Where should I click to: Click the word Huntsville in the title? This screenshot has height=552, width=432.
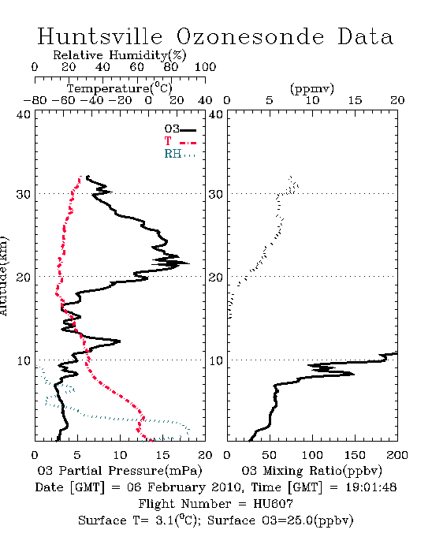[100, 36]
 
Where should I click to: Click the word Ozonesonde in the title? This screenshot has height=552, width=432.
[250, 36]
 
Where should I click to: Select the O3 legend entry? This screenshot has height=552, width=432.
[180, 129]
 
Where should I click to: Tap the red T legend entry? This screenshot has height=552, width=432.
[180, 141]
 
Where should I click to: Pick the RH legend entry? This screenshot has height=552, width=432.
[180, 154]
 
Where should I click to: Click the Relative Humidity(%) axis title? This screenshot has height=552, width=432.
[120, 55]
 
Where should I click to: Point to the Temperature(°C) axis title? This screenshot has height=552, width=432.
[120, 88]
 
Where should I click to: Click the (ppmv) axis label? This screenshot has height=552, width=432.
[312, 88]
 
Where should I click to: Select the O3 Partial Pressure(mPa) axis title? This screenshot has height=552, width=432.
[120, 471]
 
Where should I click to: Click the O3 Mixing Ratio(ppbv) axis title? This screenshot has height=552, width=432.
[311, 471]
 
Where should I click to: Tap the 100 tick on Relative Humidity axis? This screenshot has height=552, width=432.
[205, 67]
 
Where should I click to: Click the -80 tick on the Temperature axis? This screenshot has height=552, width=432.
[35, 100]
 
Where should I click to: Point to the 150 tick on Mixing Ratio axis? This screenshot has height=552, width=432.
[355, 455]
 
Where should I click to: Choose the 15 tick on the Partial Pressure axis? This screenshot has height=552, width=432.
[162, 455]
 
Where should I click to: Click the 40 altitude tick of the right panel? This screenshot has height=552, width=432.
[216, 115]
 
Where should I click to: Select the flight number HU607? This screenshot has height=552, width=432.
[273, 504]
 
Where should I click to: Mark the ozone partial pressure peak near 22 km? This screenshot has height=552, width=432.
[189, 263]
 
